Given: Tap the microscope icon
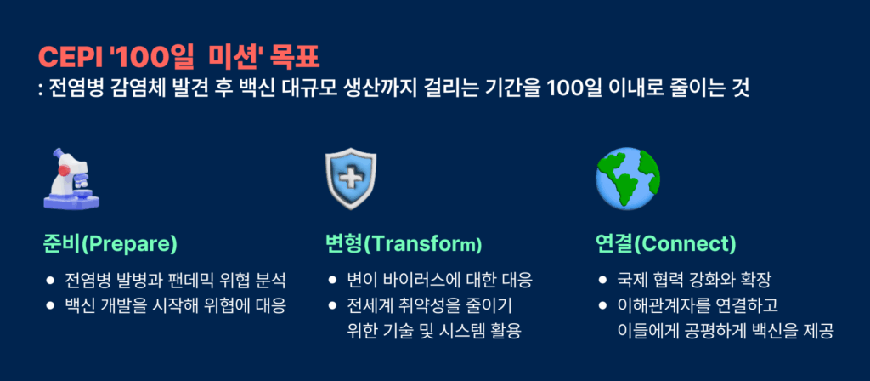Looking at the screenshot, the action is (71, 179).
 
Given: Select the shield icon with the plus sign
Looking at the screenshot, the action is (351, 179).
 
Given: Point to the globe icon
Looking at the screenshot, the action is (627, 179).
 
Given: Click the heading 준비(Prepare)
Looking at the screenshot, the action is (110, 244).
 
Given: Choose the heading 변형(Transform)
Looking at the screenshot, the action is (404, 244).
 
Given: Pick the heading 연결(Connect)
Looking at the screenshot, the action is (666, 244).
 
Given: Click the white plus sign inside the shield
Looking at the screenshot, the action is (351, 179).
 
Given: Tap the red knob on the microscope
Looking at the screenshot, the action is (64, 170).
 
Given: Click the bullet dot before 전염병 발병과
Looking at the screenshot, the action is (50, 281).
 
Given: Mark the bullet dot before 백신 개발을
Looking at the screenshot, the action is (50, 305).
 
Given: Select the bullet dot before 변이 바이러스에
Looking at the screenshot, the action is (332, 281).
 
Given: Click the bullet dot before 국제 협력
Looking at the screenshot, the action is (602, 281).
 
